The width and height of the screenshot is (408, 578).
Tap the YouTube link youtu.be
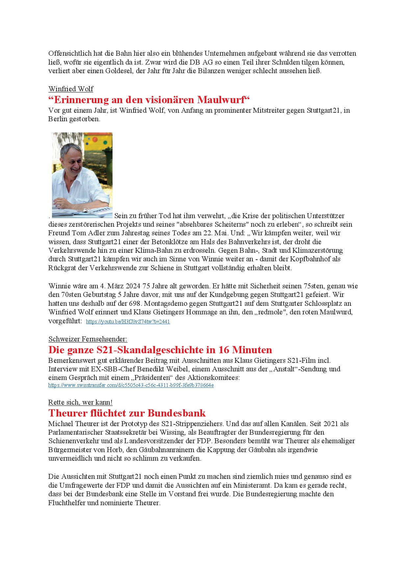tap(128, 322)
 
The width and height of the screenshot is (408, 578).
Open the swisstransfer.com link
tap(131, 385)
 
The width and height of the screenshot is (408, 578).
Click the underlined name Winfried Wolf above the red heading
tap(71, 89)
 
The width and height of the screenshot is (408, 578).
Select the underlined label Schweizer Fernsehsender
tap(88, 339)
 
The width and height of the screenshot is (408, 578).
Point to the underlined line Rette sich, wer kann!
tap(80, 402)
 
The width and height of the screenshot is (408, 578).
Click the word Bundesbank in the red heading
tap(176, 413)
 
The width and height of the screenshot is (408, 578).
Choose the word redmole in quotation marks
tap(271, 312)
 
